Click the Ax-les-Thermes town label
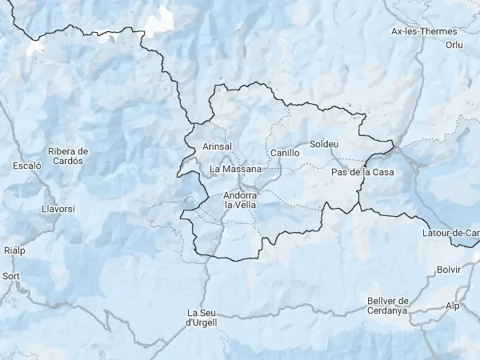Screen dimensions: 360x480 click(x=418, y=32)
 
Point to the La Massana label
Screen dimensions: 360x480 click(x=235, y=169)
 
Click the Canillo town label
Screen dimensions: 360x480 click(x=285, y=152)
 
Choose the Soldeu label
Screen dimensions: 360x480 click(x=323, y=145)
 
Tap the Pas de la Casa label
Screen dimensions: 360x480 click(x=362, y=172)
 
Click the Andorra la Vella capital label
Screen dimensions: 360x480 click(x=240, y=200)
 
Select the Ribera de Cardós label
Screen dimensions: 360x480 click(x=67, y=155)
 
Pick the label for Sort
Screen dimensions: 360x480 click(x=11, y=276)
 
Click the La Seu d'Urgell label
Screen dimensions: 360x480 click(x=201, y=317)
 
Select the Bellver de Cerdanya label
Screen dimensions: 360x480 click(x=387, y=305)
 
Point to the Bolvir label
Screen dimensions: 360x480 click(x=450, y=270)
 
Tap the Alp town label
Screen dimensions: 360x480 click(x=454, y=306)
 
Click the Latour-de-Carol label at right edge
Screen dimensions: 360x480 click(x=450, y=233)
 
